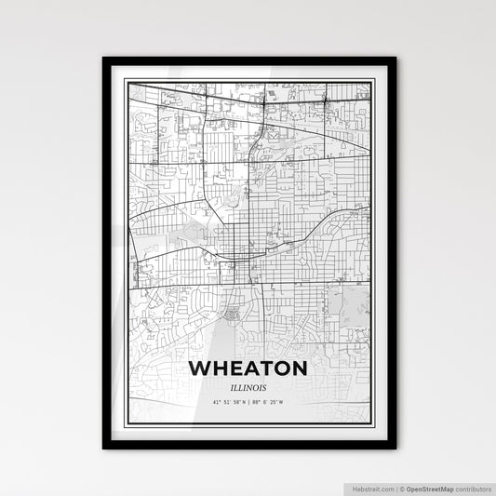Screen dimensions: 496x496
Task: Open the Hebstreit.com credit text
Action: click(369, 487)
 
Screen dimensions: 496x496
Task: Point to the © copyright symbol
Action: click(398, 487)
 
